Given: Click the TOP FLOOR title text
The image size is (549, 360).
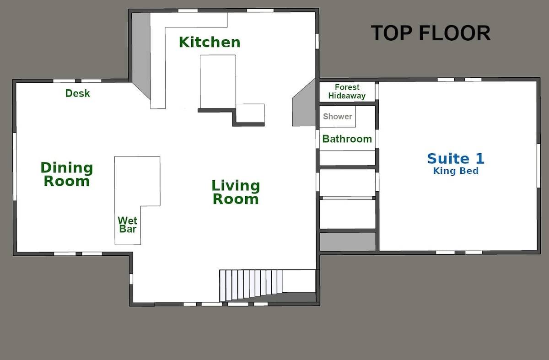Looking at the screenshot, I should (x=430, y=33).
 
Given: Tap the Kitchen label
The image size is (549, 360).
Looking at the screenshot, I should (x=210, y=42).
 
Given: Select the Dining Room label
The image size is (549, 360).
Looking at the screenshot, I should (x=66, y=174).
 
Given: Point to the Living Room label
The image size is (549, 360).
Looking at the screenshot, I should (x=236, y=192).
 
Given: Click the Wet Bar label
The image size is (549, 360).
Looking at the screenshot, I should (x=128, y=225).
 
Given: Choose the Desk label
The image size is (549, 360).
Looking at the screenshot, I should (x=78, y=93).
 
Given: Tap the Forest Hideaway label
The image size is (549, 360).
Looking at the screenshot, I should (x=347, y=91).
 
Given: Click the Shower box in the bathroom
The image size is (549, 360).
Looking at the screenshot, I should (x=338, y=117).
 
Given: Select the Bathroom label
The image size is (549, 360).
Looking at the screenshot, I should (x=347, y=139).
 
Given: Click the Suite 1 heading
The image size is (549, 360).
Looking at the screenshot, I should (x=456, y=159).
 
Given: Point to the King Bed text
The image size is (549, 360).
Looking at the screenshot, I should (x=456, y=171).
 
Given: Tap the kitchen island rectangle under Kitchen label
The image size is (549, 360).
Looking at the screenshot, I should (x=218, y=81).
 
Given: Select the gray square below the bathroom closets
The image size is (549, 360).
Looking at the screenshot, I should (x=347, y=242).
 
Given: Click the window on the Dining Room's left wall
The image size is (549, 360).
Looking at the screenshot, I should (x=15, y=167).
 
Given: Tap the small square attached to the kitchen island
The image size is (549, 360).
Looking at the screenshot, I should (x=250, y=113).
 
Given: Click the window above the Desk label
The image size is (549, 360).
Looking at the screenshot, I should (x=64, y=81).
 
